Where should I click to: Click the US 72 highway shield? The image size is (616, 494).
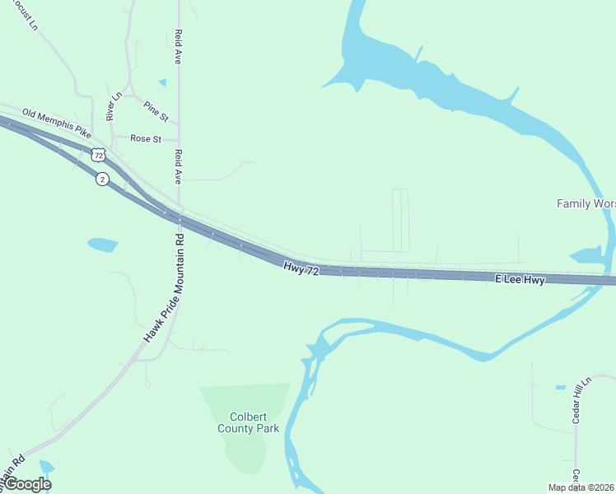(x=99, y=154)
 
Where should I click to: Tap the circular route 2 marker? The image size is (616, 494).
(x=101, y=179)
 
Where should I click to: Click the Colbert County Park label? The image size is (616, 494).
(x=248, y=422)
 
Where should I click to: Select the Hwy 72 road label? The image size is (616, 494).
(x=301, y=268)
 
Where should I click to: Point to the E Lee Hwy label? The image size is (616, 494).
(x=520, y=281)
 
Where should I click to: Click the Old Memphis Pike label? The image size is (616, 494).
(x=57, y=120)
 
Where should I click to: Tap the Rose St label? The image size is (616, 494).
(x=145, y=139)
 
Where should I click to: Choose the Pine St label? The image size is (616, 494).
(x=155, y=108)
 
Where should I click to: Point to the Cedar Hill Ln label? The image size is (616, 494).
(x=583, y=400)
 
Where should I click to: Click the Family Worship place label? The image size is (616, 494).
(x=586, y=203)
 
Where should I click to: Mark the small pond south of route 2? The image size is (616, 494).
(x=103, y=244)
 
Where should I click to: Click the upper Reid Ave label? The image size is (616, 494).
(x=177, y=47)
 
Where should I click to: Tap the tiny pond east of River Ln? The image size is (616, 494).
(x=162, y=82)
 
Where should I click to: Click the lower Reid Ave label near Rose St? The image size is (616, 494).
(x=177, y=165)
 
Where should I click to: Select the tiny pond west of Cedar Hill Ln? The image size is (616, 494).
(x=560, y=387)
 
